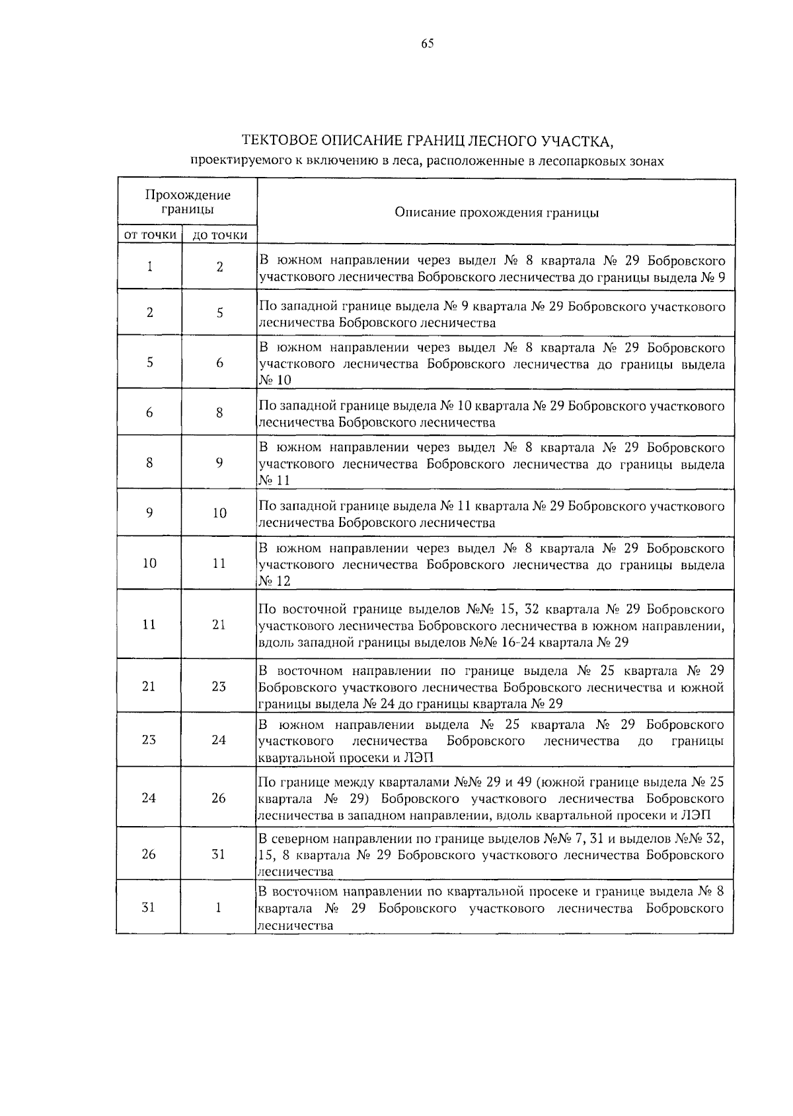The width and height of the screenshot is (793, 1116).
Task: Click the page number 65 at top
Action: tap(427, 44)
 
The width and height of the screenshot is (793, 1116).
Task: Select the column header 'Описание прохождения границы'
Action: tap(496, 213)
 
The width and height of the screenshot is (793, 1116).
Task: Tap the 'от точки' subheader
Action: tap(150, 234)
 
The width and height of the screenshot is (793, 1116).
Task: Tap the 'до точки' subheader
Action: tap(219, 234)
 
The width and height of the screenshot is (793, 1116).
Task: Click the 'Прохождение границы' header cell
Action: tap(188, 202)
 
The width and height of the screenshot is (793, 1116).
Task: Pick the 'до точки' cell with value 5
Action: tap(219, 313)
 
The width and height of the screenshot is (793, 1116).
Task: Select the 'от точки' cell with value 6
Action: tap(149, 413)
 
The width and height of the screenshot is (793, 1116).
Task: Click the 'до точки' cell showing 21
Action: tap(219, 625)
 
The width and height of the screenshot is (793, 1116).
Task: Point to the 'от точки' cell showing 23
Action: tap(149, 740)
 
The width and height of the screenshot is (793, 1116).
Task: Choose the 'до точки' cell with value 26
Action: tap(219, 798)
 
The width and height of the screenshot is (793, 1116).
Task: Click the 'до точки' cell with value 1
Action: tap(219, 907)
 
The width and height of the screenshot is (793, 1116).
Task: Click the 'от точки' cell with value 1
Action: tap(150, 267)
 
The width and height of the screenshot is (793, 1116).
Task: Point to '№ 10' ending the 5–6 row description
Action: tap(274, 380)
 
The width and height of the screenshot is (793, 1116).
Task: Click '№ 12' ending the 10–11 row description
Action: tap(274, 581)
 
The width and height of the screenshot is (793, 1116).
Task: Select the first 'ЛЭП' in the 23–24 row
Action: tap(418, 757)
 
